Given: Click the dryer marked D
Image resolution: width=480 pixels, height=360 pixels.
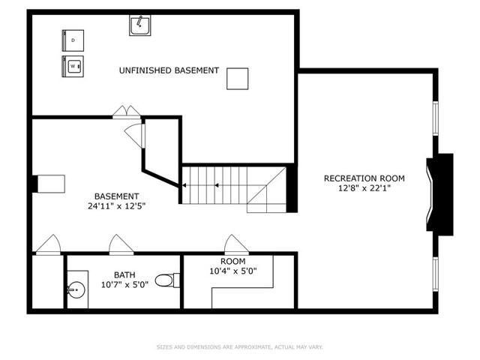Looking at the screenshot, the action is pyautogui.click(x=73, y=40).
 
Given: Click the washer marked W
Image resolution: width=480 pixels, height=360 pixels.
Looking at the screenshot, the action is pyautogui.click(x=73, y=66).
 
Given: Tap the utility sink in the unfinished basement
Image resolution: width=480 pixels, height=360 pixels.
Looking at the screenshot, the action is pyautogui.click(x=140, y=25).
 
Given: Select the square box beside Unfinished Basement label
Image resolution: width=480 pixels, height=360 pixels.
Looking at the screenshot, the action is pyautogui.click(x=238, y=79).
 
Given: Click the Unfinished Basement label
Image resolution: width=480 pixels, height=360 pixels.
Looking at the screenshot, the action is pyautogui.click(x=169, y=70).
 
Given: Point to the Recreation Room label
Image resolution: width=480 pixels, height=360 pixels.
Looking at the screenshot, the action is pyautogui.click(x=364, y=178).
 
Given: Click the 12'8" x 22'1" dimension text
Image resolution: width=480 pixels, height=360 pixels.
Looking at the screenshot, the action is pyautogui.click(x=364, y=188).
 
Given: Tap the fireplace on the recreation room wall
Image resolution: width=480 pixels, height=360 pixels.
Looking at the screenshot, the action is pyautogui.click(x=440, y=194).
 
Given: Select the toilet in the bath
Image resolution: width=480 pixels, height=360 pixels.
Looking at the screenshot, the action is pyautogui.click(x=167, y=280).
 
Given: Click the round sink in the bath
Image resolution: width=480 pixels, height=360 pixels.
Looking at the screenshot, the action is pyautogui.click(x=76, y=289).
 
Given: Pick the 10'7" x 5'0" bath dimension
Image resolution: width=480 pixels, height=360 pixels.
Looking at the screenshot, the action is pyautogui.click(x=124, y=285).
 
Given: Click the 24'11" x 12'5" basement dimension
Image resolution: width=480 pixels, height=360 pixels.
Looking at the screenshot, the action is pyautogui.click(x=116, y=206).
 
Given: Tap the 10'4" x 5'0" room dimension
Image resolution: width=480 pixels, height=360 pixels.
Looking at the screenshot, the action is pyautogui.click(x=233, y=271).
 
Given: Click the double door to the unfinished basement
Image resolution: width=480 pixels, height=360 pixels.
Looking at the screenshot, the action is pyautogui.click(x=127, y=112).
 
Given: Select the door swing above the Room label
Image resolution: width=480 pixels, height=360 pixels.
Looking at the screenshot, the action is pyautogui.click(x=236, y=245).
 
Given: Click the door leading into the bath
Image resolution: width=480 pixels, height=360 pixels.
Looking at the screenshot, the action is pyautogui.click(x=121, y=245).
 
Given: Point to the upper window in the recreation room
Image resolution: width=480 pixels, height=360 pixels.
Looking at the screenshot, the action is pyautogui.click(x=435, y=118).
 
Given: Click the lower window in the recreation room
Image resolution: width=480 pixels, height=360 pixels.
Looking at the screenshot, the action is pyautogui.click(x=435, y=274).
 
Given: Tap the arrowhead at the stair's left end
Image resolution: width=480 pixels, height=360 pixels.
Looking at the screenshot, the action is pyautogui.click(x=184, y=185).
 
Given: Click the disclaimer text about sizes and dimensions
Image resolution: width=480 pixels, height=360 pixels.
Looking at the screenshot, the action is pyautogui.click(x=240, y=347).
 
